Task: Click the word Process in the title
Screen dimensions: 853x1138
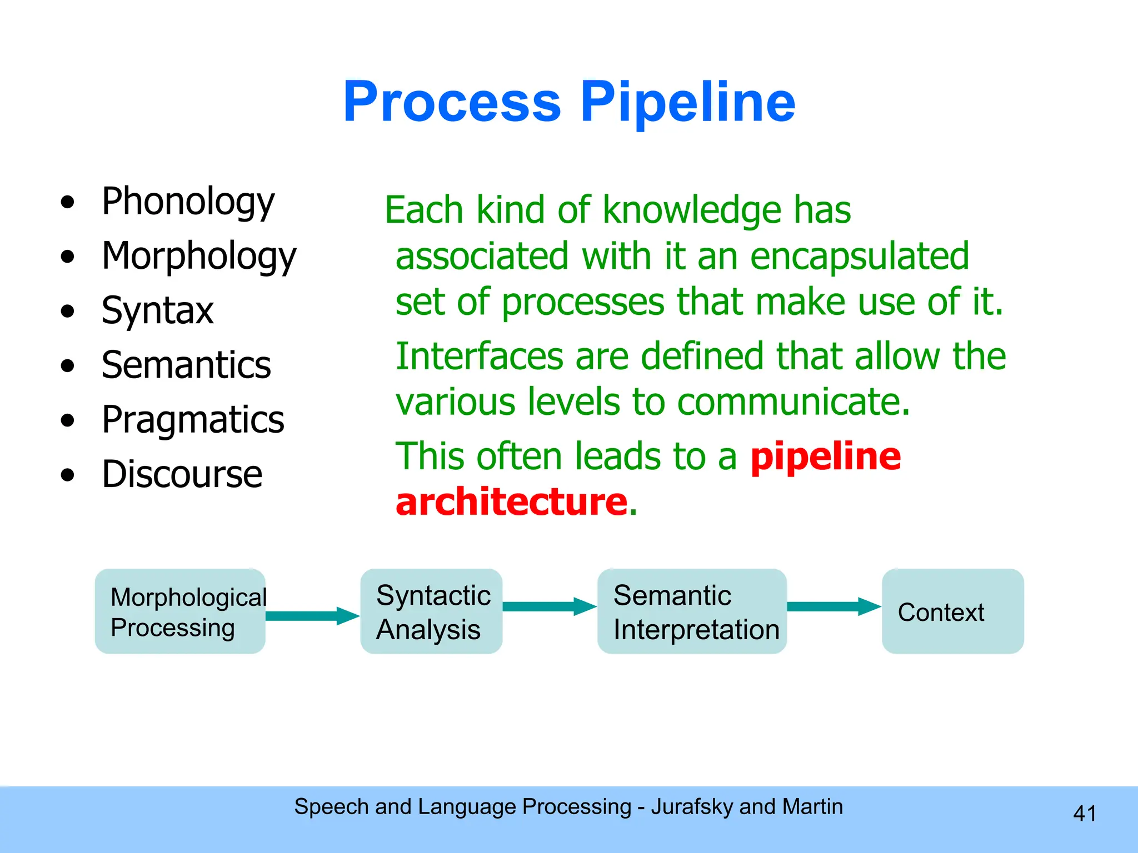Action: coord(452,103)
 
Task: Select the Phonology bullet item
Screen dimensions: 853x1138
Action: coord(188,201)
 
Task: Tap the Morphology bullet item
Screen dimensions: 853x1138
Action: coord(199,256)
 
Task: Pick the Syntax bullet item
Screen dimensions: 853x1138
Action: coord(157,310)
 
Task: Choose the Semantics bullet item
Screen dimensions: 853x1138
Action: coord(186,365)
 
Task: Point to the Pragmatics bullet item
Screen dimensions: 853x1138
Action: coord(193,419)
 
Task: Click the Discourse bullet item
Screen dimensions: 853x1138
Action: coord(182,474)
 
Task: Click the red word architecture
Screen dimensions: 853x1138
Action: coord(511,501)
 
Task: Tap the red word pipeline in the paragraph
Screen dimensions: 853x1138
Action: coord(825,456)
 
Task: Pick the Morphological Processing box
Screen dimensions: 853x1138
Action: coord(180,611)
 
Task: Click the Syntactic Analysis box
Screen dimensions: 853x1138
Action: coord(431,611)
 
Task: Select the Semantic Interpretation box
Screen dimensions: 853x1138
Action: coord(692,611)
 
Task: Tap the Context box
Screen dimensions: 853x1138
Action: coord(952,611)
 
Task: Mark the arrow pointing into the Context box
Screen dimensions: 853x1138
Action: coord(833,606)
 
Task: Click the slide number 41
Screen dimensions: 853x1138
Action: coord(1084,814)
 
